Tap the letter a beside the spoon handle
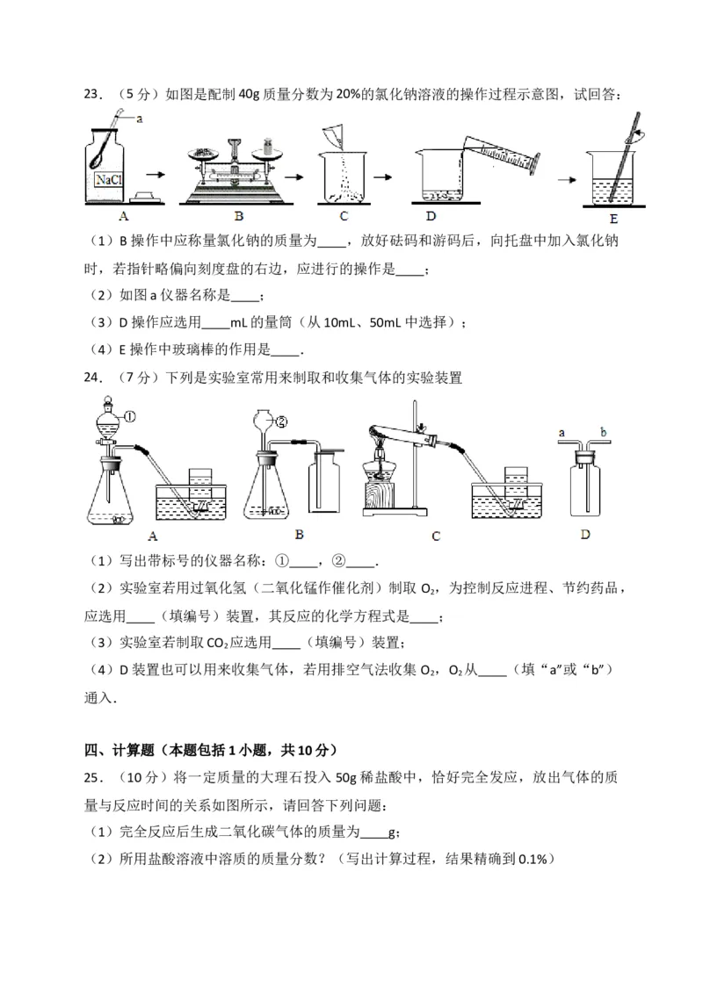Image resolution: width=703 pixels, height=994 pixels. (139, 117)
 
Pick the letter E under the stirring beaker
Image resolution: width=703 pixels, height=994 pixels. (622, 217)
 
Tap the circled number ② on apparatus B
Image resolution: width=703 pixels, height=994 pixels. (282, 420)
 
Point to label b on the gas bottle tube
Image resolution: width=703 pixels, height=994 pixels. (603, 431)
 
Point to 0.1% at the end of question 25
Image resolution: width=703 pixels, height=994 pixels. (533, 859)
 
